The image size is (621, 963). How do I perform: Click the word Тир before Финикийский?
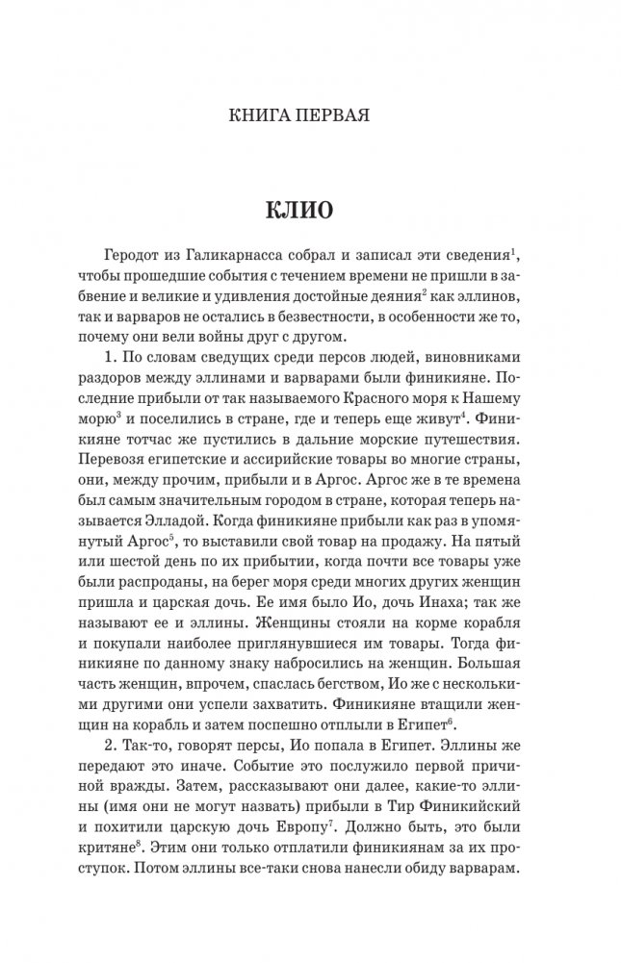(392, 827)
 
